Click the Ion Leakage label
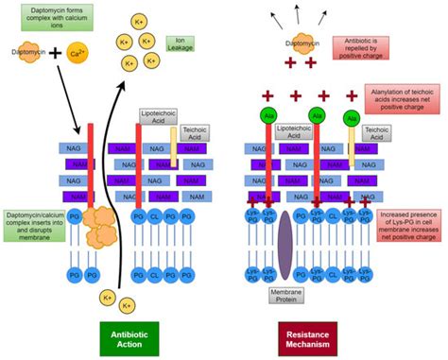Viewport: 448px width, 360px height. (x=180, y=44)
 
